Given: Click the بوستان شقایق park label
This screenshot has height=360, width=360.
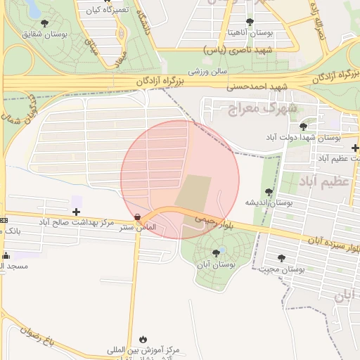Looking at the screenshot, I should point(45,34).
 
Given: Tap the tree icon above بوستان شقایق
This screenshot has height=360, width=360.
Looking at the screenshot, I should point(45,23).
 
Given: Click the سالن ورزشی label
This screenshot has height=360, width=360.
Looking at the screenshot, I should point(207,71).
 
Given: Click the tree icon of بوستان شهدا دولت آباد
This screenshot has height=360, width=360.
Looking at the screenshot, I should point(303,127).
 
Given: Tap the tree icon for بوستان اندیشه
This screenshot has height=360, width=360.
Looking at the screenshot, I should point(268,191).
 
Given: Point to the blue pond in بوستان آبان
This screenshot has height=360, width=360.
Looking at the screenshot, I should point(222,250).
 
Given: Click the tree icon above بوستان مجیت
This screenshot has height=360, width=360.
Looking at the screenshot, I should point(281,258).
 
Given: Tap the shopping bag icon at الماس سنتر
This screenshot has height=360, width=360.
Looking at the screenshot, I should point(137,217).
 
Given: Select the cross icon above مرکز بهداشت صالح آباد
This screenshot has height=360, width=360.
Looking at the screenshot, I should point(76,211).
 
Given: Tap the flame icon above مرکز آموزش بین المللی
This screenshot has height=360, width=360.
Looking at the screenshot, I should point(145,338).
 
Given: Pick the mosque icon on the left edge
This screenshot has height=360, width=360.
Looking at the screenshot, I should point(6,255).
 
